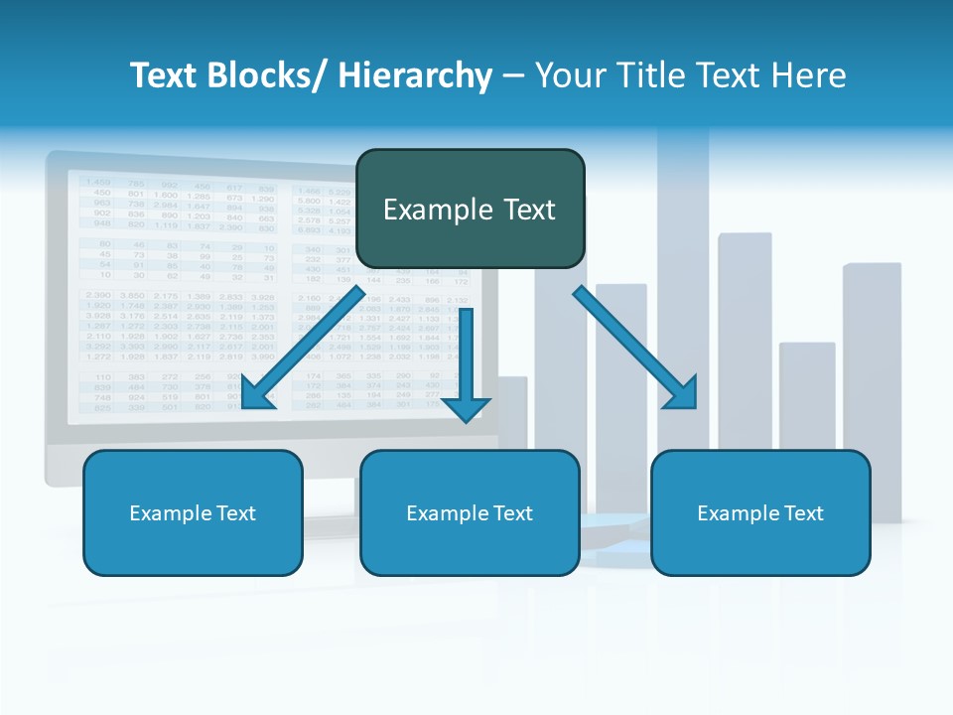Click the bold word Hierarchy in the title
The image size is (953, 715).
[x=415, y=75]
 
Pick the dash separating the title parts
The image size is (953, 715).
[x=513, y=77]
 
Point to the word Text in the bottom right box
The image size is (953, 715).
[x=803, y=513]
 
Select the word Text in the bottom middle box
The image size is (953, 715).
[x=512, y=513]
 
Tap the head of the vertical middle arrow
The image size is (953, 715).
[x=467, y=407]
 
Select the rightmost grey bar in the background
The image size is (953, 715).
[x=872, y=387]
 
